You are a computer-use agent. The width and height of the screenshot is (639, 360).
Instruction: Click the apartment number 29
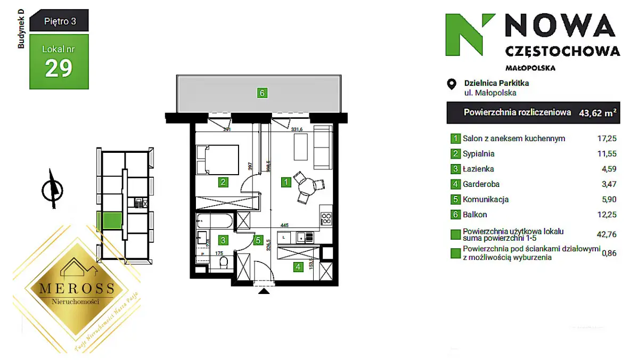click(x=59, y=68)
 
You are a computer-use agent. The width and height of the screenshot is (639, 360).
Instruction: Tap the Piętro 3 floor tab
click(x=59, y=22)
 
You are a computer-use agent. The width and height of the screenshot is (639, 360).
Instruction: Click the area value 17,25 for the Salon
click(x=607, y=138)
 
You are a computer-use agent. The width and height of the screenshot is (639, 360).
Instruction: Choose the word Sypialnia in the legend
click(x=479, y=154)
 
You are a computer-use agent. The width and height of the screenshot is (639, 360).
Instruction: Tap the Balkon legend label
click(x=475, y=215)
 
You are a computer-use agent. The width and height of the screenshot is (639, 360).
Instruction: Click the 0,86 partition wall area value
click(x=608, y=253)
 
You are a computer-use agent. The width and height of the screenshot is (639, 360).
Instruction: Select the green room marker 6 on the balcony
click(x=261, y=93)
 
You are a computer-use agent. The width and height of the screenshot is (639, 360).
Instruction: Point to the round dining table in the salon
click(x=307, y=187)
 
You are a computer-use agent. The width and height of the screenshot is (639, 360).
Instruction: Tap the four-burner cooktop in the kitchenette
click(x=326, y=218)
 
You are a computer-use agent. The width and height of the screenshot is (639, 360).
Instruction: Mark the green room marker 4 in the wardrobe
click(x=298, y=267)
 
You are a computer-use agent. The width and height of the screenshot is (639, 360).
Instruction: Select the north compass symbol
click(x=52, y=189)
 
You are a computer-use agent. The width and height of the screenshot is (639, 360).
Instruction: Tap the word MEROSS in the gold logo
click(x=77, y=288)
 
